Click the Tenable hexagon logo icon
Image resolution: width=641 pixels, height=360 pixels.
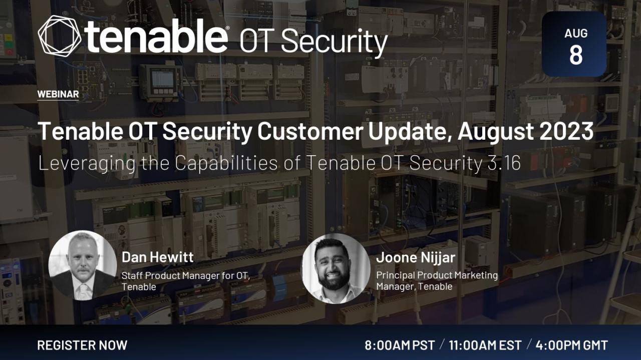pos(60,36)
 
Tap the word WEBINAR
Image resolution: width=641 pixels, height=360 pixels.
pos(58,94)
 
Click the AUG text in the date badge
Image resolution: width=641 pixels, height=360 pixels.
pos(576,34)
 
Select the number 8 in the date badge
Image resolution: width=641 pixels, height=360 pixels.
pos(576,55)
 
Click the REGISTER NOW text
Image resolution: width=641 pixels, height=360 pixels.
pos(82,345)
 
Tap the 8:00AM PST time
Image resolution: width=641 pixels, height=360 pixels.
pos(400,345)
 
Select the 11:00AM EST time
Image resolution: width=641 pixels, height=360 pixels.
pos(485,345)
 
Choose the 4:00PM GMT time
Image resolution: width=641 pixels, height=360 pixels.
pos(572,345)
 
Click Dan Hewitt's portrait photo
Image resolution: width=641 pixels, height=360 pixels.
pos(83,265)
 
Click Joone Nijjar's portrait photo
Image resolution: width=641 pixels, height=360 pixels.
pos(336,268)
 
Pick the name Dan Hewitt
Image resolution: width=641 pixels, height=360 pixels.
pos(158,257)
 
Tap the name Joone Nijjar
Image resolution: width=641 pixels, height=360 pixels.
pos(416,257)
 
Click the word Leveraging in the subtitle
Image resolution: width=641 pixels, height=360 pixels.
pos(87,164)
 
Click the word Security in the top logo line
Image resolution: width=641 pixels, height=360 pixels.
pos(334,43)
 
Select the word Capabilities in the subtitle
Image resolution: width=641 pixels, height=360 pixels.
pos(226,164)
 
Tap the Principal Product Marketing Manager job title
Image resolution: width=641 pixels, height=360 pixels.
pos(437,280)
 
